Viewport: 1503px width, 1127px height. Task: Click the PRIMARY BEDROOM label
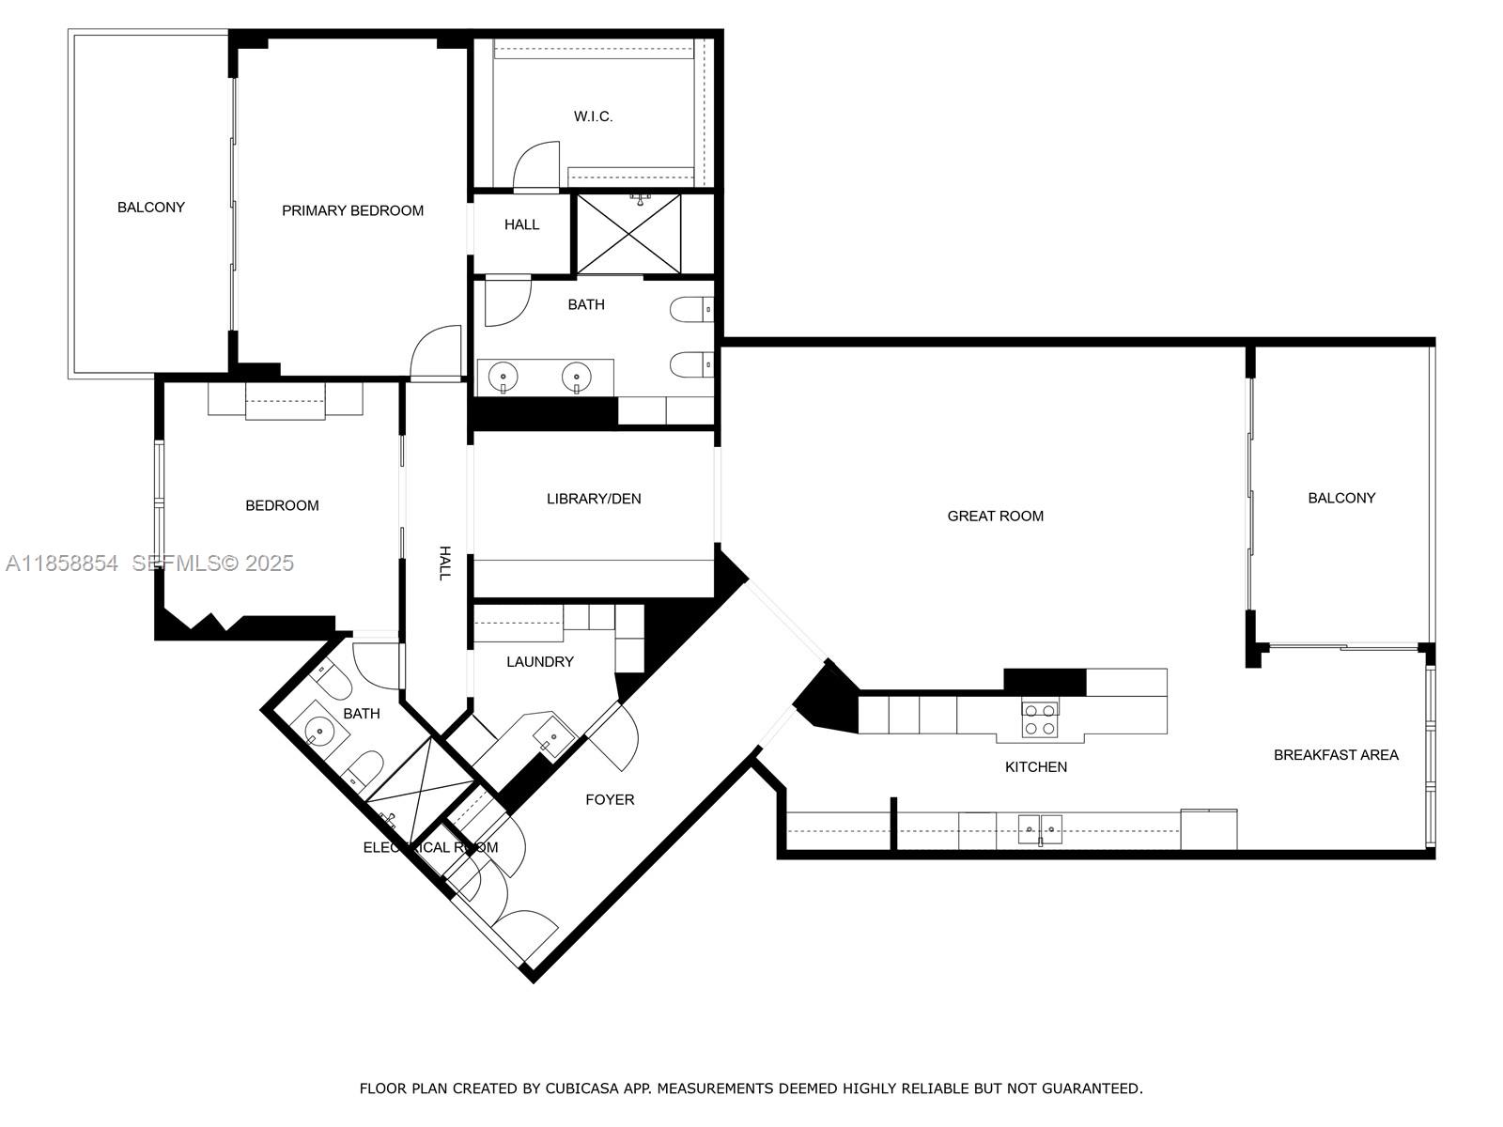click(352, 210)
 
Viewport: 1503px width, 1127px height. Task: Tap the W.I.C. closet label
click(593, 116)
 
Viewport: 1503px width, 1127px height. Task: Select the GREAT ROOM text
click(995, 516)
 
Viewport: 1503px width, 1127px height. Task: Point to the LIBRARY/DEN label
click(594, 499)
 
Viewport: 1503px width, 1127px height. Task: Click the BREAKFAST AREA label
click(1335, 755)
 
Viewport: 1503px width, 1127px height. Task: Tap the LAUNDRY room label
click(539, 662)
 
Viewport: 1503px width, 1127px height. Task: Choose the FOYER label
click(610, 799)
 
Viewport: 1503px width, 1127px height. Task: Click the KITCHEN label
click(1035, 767)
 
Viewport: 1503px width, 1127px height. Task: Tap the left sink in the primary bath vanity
click(504, 378)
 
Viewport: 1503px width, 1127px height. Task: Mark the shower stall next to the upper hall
click(628, 234)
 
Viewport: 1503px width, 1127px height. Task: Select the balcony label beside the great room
click(1340, 498)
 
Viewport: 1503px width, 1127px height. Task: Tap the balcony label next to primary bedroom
click(150, 208)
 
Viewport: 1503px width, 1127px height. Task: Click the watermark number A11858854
click(62, 563)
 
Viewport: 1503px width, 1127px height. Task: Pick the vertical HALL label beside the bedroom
click(444, 563)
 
